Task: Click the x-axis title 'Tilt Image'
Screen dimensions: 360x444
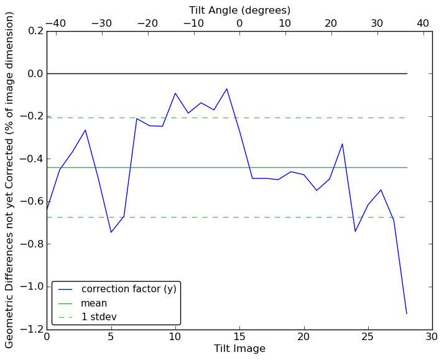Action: click(x=239, y=349)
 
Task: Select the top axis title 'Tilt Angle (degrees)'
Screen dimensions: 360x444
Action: click(x=239, y=10)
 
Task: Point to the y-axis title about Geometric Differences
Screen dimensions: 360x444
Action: click(x=10, y=180)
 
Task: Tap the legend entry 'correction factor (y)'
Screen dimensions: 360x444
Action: click(x=129, y=289)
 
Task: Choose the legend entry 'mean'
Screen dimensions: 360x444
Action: click(x=94, y=303)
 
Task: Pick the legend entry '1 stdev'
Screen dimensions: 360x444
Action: click(x=99, y=317)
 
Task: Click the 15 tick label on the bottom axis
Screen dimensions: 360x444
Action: click(x=239, y=337)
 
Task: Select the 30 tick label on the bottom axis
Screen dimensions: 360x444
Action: click(x=432, y=337)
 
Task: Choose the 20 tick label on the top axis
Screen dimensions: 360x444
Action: click(x=331, y=23)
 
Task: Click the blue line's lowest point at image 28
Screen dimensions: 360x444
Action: click(x=407, y=313)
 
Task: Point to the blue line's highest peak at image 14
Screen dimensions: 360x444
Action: click(x=227, y=89)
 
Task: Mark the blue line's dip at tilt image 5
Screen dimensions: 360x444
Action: click(x=111, y=233)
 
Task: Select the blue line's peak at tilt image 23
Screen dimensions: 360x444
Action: click(x=343, y=144)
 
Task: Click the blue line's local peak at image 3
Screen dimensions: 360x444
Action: click(x=85, y=130)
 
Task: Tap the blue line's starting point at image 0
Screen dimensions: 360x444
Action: click(x=47, y=210)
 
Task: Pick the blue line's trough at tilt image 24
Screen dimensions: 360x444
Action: click(x=355, y=231)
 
